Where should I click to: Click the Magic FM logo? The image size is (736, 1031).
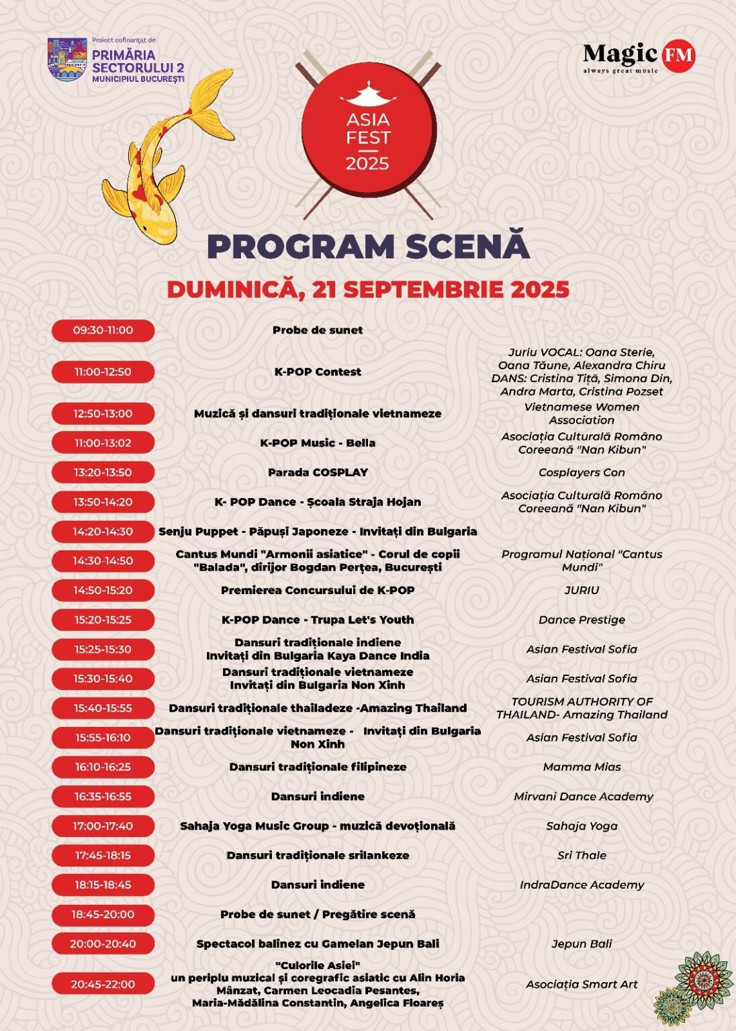pos(638,57)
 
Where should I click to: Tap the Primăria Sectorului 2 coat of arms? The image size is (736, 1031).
pos(67,59)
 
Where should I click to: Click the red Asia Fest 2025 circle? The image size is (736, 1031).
pos(367,136)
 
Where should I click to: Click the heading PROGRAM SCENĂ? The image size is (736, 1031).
pos(368,246)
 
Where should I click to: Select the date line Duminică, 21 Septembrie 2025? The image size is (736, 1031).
pos(368,289)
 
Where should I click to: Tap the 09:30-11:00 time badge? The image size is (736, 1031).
pos(103,330)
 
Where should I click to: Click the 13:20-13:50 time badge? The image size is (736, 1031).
pos(103,473)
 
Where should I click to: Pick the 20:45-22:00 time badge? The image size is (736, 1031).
pos(103,985)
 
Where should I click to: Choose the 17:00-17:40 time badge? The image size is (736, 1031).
pos(103,826)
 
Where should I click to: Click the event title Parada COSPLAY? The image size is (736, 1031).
pos(318,473)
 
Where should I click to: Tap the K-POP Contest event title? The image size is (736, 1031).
pos(318,372)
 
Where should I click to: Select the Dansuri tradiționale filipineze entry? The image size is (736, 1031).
pos(318,767)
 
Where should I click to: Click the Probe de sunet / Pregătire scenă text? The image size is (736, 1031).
pos(318,914)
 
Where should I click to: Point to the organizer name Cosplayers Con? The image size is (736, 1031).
pos(582,473)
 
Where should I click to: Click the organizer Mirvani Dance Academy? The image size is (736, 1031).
pos(583,797)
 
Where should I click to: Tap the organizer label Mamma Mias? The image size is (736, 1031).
pos(582,767)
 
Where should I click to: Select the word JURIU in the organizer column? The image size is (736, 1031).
pos(582,591)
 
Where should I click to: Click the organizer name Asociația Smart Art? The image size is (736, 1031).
pos(582,985)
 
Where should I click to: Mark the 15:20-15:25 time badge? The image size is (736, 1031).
pos(103,620)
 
